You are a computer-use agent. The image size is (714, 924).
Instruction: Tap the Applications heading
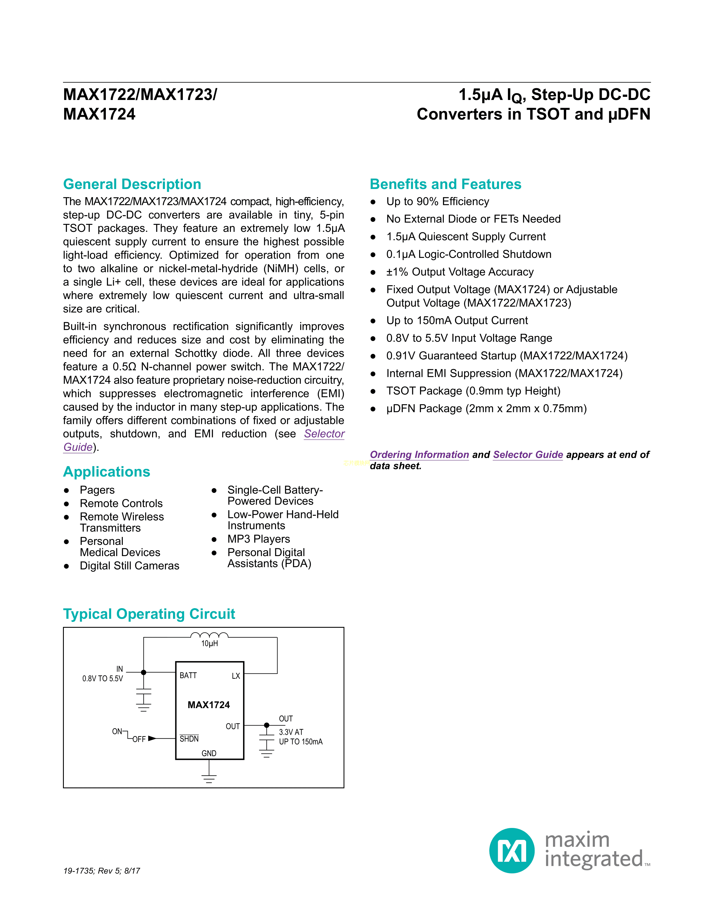[x=107, y=472]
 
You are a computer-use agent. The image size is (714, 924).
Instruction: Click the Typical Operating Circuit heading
[x=149, y=614]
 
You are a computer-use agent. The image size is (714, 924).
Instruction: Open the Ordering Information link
[x=419, y=454]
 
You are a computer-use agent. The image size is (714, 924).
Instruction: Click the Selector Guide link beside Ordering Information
[x=528, y=454]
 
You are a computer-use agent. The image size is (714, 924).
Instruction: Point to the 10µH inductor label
[x=209, y=643]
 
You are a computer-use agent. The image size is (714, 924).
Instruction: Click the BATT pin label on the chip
[x=188, y=676]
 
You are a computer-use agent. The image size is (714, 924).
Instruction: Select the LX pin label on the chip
[x=235, y=676]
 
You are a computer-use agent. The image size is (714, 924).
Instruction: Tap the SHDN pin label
[x=189, y=739]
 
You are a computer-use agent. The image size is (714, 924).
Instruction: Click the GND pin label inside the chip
[x=209, y=753]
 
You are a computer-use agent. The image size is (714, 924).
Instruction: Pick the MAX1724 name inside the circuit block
[x=209, y=705]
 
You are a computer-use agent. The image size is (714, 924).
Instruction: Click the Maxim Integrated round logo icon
[x=512, y=850]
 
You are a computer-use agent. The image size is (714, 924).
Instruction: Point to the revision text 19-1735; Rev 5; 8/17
[x=102, y=871]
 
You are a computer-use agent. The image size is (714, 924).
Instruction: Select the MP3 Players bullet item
[x=258, y=539]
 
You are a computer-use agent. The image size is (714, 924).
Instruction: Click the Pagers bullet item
[x=97, y=490]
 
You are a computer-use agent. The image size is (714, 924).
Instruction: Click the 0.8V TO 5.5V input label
[x=103, y=679]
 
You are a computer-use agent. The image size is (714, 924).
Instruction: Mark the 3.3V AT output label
[x=291, y=732]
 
